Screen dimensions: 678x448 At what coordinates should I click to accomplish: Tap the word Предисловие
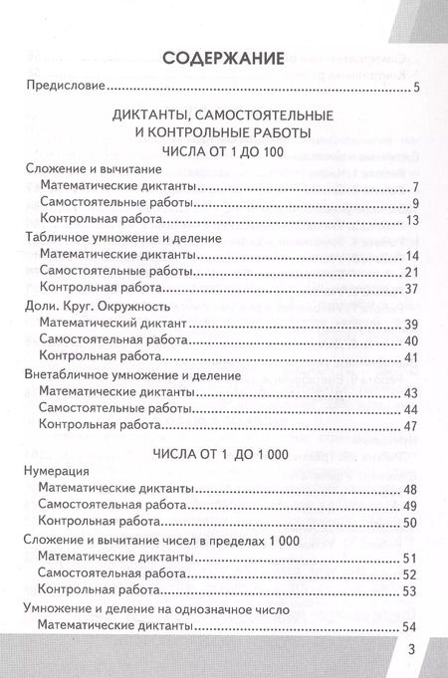pyautogui.click(x=65, y=91)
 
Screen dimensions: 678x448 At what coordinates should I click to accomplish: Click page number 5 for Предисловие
pyautogui.click(x=415, y=92)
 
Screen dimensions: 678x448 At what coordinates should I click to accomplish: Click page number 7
pyautogui.click(x=414, y=186)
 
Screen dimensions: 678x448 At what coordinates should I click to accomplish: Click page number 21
pyautogui.click(x=409, y=273)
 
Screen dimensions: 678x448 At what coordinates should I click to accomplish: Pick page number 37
pyautogui.click(x=409, y=290)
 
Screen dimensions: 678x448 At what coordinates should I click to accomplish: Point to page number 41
pyautogui.click(x=409, y=358)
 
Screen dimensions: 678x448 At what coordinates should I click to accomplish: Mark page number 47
pyautogui.click(x=409, y=428)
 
